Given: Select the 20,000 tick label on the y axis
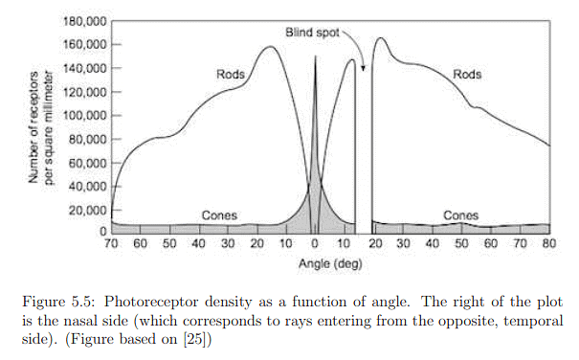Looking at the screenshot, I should tap(83, 210).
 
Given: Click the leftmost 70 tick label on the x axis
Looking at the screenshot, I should tap(112, 245).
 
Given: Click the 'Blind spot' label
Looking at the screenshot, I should tap(312, 33).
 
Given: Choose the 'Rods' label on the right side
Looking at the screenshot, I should tap(467, 75).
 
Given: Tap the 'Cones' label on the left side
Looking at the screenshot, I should tap(220, 215).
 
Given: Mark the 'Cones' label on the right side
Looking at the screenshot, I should tap(461, 215).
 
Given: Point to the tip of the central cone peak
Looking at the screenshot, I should tap(314, 56).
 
